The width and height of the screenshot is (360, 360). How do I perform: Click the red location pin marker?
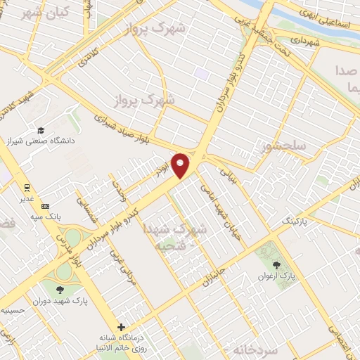point(181,165)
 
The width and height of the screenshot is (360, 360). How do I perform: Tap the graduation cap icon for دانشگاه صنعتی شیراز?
point(41,131)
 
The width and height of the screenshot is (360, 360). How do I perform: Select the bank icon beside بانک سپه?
point(46,206)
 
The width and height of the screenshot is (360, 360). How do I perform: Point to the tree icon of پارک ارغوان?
point(276,266)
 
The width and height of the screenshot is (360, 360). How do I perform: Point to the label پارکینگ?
point(294,221)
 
